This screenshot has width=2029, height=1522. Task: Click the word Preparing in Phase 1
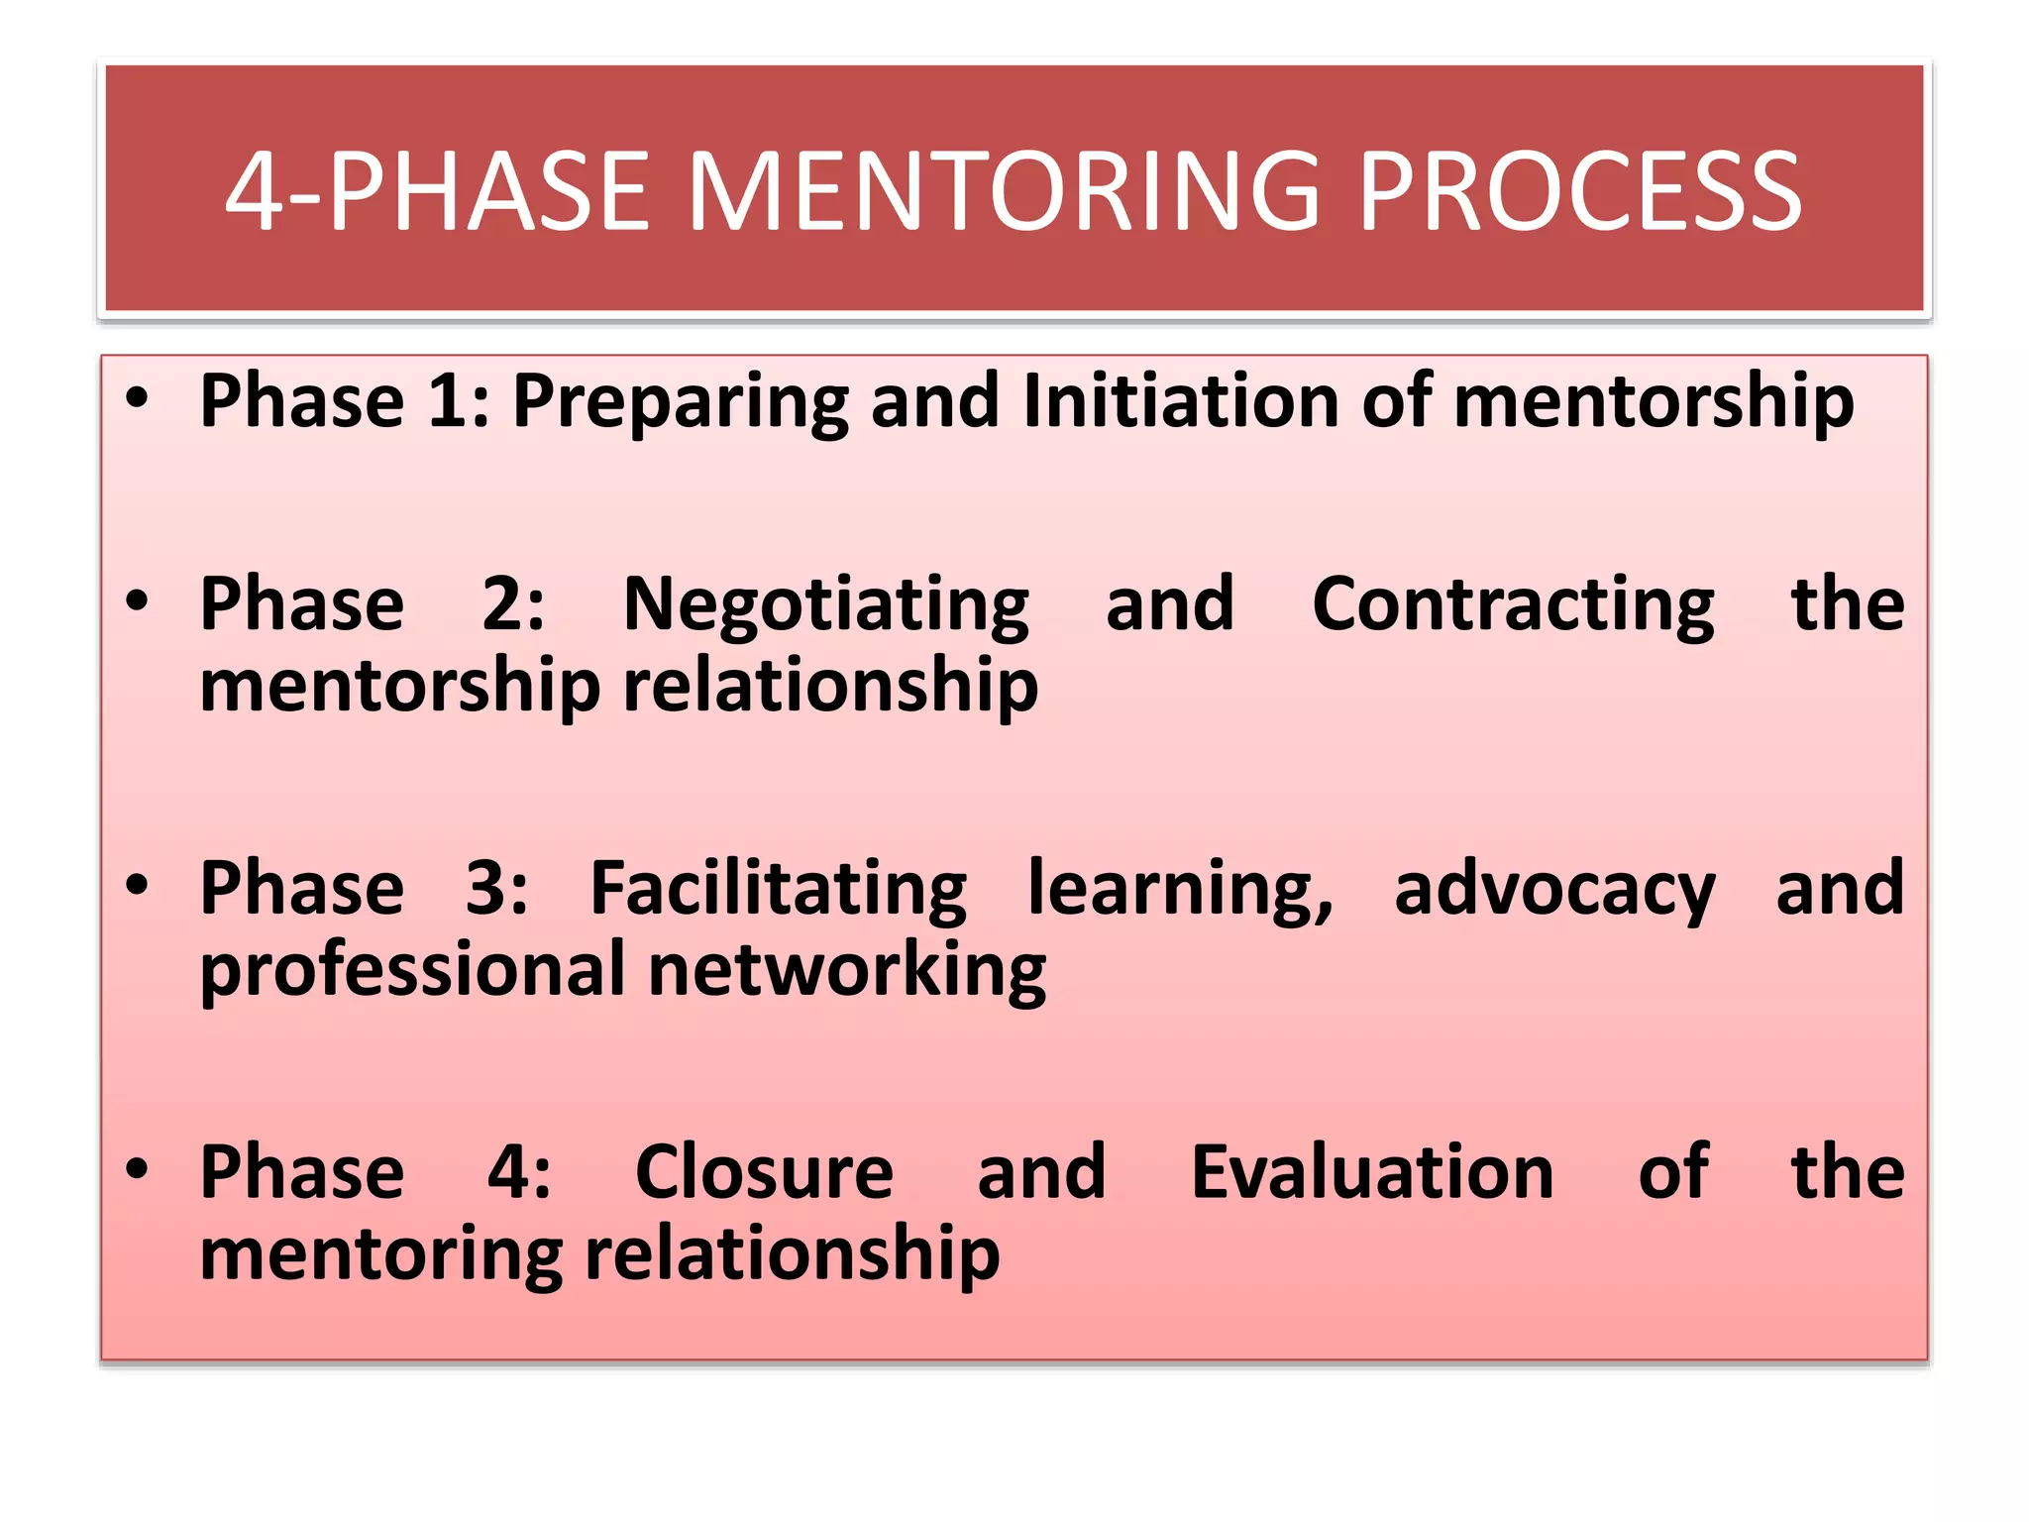point(680,402)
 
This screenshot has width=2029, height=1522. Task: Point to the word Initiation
point(1180,400)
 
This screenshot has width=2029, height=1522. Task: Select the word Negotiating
point(826,605)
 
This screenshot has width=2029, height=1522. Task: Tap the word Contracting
point(1513,605)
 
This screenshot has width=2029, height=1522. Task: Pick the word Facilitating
point(778,889)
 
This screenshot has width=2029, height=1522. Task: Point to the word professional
point(412,972)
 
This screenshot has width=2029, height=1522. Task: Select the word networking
point(847,972)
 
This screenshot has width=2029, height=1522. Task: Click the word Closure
point(764,1172)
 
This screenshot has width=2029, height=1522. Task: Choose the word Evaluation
point(1372,1172)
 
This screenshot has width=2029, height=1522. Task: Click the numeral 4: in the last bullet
point(519,1172)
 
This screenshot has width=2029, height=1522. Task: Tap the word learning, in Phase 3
point(1180,891)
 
